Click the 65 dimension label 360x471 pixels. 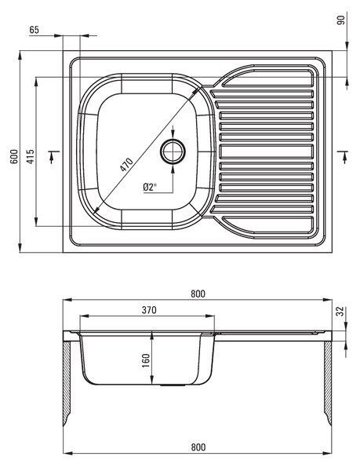point(35,30)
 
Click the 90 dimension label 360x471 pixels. point(341,20)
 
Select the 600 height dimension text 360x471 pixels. point(14,156)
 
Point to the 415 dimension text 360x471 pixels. point(31,156)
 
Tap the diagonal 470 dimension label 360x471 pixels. point(126,164)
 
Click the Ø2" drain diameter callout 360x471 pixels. point(150,188)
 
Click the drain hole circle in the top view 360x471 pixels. point(173,151)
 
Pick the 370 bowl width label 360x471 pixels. point(149,310)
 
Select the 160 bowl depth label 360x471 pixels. point(146,360)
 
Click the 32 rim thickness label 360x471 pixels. point(340,312)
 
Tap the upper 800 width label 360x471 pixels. point(198,294)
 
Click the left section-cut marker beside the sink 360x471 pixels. point(53,156)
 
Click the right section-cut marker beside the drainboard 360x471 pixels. point(343,157)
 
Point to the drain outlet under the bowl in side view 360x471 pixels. point(173,385)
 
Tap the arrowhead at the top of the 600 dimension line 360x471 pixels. point(20,56)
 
